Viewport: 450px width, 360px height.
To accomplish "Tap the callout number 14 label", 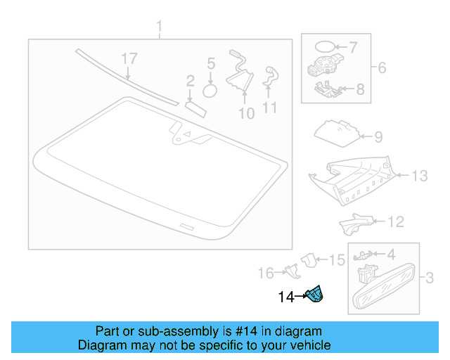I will (x=287, y=297).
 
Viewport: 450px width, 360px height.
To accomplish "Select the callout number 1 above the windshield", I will (x=159, y=28).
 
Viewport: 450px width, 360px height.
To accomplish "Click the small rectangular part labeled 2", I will (x=195, y=105).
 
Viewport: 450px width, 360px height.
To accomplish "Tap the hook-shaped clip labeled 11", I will (x=270, y=77).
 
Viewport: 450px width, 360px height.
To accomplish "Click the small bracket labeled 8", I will (x=325, y=89).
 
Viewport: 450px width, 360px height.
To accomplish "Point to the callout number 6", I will (x=382, y=68).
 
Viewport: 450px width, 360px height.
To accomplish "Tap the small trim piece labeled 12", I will (x=353, y=224).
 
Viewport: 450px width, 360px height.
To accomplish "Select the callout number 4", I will (x=391, y=253).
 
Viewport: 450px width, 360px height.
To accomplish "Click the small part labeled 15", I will (x=309, y=261).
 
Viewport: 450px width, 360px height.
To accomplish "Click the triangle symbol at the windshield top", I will (x=188, y=133).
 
